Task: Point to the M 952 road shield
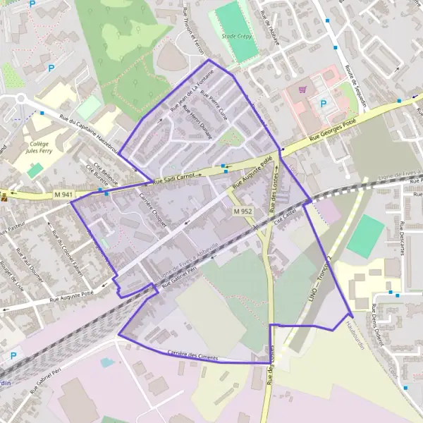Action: (x=243, y=211)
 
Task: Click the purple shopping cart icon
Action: (x=302, y=90)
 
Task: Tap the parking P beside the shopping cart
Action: (x=324, y=104)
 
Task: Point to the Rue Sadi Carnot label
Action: (x=173, y=179)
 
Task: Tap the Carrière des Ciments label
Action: (x=192, y=355)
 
